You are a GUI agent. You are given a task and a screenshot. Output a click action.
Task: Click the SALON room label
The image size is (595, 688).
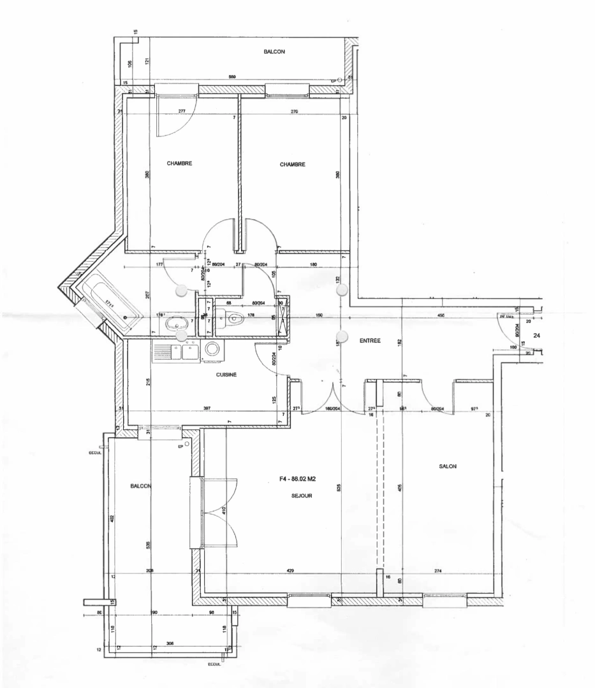[x=447, y=467]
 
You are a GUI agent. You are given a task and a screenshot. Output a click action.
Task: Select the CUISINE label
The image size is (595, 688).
[x=226, y=375]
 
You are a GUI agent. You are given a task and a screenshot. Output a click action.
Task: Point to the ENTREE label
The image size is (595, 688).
[x=370, y=341]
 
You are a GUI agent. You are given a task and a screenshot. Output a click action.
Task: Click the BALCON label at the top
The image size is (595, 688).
[x=274, y=52]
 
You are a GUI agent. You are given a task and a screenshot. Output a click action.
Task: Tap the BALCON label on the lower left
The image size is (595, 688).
[x=140, y=486]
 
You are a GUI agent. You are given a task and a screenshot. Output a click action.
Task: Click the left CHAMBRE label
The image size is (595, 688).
[x=179, y=164]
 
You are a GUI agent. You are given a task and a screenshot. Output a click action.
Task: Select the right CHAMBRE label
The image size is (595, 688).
[x=293, y=164]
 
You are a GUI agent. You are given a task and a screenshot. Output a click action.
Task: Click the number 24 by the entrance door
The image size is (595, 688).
[x=537, y=334]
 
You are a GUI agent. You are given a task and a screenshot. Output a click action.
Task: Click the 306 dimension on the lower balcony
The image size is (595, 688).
[x=170, y=643]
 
